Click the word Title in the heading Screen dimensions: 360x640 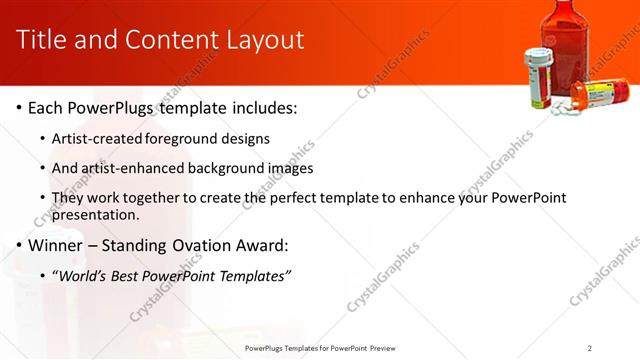pyautogui.click(x=43, y=40)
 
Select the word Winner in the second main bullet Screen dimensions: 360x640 pyautogui.click(x=59, y=245)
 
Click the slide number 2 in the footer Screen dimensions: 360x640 pyautogui.click(x=590, y=347)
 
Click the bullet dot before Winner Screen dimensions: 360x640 pyautogui.click(x=19, y=245)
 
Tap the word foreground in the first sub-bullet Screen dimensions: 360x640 pyautogui.click(x=179, y=138)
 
